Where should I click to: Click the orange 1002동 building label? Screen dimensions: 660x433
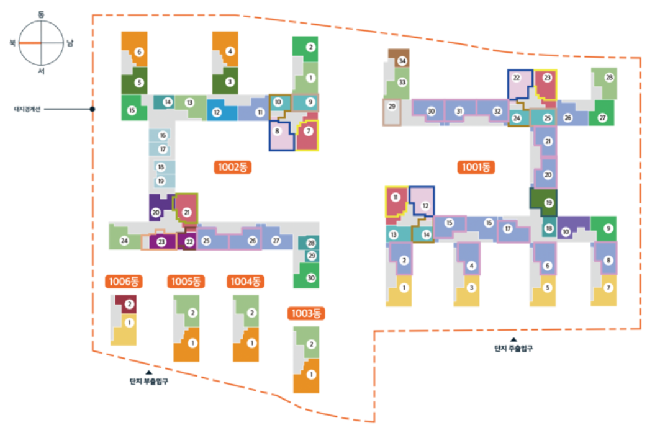[233, 167]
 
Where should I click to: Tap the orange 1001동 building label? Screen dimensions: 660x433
[476, 167]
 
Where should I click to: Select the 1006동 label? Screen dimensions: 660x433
[124, 282]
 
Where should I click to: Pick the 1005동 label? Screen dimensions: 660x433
[185, 282]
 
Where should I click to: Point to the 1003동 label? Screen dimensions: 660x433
[307, 313]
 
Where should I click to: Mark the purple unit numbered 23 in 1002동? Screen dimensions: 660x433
[161, 241]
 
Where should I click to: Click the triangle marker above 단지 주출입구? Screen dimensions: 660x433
[513, 339]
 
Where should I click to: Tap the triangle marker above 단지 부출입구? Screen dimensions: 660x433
[147, 372]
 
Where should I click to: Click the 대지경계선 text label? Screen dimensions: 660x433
[27, 109]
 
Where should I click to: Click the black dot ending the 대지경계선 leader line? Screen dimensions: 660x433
[93, 109]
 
